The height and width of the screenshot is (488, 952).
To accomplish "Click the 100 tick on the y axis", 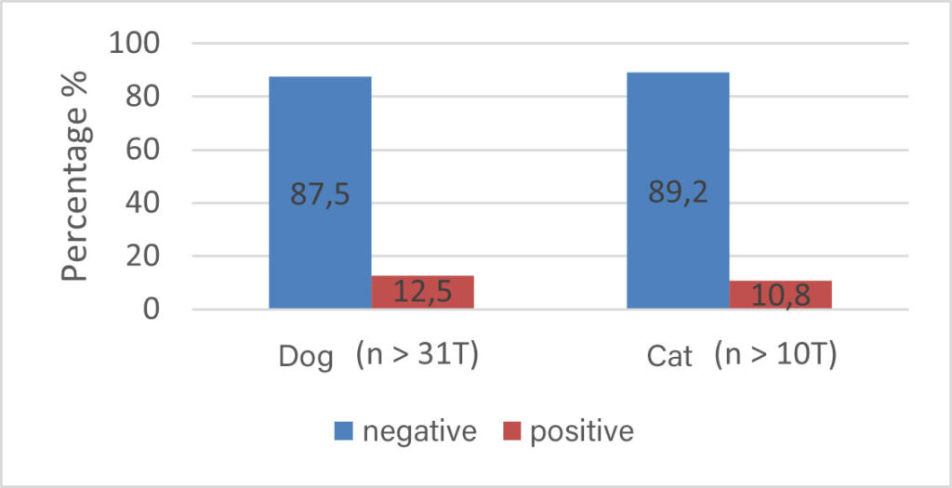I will [x=136, y=43].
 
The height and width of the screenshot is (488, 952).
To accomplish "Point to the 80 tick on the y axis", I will [x=147, y=97].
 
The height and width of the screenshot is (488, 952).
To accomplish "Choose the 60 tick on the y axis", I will [x=147, y=150].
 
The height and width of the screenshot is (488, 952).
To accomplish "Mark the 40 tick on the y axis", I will [x=147, y=203].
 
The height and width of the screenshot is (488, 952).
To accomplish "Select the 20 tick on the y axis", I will [x=147, y=257].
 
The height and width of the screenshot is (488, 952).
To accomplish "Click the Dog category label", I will [x=306, y=358].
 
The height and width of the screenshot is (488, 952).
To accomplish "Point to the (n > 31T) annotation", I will [x=417, y=355].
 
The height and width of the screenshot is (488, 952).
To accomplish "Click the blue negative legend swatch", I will [x=343, y=431].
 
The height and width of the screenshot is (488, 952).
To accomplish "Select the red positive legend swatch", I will [x=511, y=431].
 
